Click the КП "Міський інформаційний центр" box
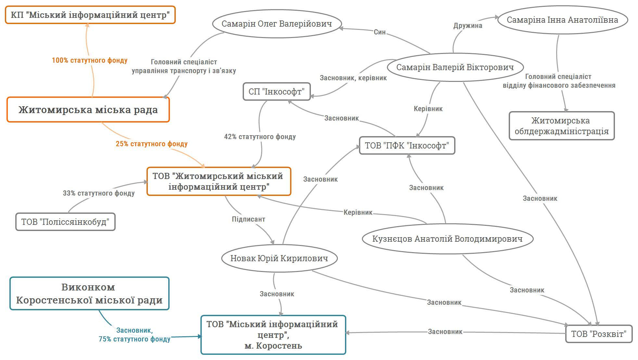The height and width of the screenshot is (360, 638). coord(90,15)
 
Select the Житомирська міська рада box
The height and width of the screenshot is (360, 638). coord(88,110)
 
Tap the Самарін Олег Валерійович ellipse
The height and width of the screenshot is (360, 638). coord(277,24)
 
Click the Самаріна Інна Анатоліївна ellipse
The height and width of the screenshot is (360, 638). coord(562,20)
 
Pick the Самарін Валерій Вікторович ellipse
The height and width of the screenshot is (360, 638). coord(455,67)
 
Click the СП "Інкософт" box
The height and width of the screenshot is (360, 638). coord(276,92)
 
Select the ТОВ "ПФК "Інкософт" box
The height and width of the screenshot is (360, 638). coord(407,146)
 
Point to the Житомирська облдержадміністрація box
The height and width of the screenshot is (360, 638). coord(561,126)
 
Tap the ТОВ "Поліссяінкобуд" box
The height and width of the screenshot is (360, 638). coord(65,222)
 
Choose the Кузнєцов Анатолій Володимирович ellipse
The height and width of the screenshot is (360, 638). coord(447,239)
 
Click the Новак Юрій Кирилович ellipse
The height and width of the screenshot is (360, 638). coord(279,258)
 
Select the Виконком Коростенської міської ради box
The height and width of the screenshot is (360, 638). coord(89,293)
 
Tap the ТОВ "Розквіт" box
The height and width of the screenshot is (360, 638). coord(599,334)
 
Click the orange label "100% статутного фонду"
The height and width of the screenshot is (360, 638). coord(90,60)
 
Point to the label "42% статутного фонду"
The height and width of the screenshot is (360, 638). coord(260,137)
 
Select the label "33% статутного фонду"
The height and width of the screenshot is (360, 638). coord(99,193)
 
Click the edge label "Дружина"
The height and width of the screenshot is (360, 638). coord(468,26)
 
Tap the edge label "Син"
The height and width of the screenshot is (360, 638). coord(379,32)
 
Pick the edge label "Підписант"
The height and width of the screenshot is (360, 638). coord(249,219)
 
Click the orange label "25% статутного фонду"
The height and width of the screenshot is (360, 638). coord(152,144)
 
